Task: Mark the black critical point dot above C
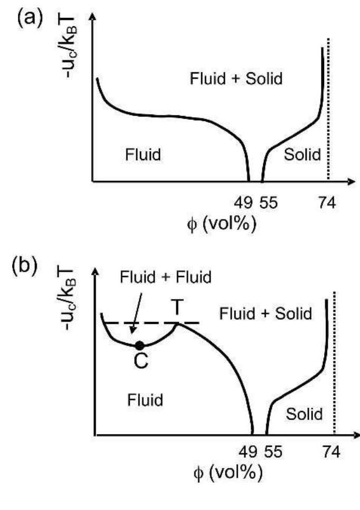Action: pos(139,345)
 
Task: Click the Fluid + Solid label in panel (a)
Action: pos(236,80)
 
